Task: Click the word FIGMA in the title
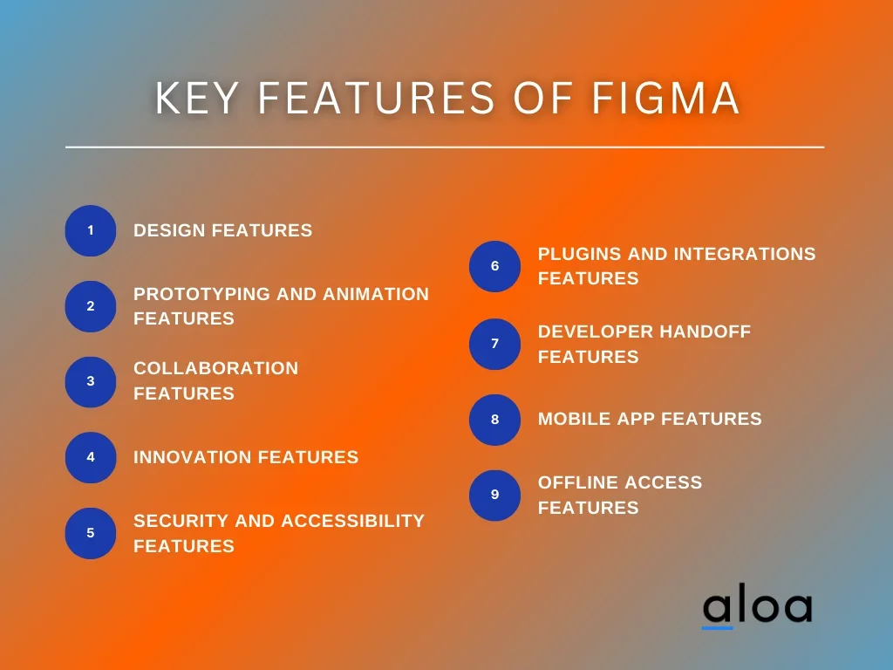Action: tap(665, 98)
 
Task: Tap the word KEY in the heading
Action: tap(196, 98)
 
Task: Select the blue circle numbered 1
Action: tap(91, 230)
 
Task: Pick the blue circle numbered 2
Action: tap(91, 306)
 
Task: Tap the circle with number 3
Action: tap(91, 382)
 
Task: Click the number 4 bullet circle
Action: tap(91, 457)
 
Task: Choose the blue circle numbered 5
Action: tap(91, 533)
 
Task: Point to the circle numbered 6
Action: tap(495, 266)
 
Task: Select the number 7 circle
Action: tap(495, 344)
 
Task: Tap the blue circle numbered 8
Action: tap(495, 420)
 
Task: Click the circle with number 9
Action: tap(495, 496)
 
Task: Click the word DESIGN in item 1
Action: tap(169, 230)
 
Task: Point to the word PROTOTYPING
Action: tap(201, 294)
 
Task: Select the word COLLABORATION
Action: tap(216, 368)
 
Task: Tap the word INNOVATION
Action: tap(193, 457)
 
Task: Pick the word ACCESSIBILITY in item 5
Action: tap(352, 521)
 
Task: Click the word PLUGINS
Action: tap(580, 254)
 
